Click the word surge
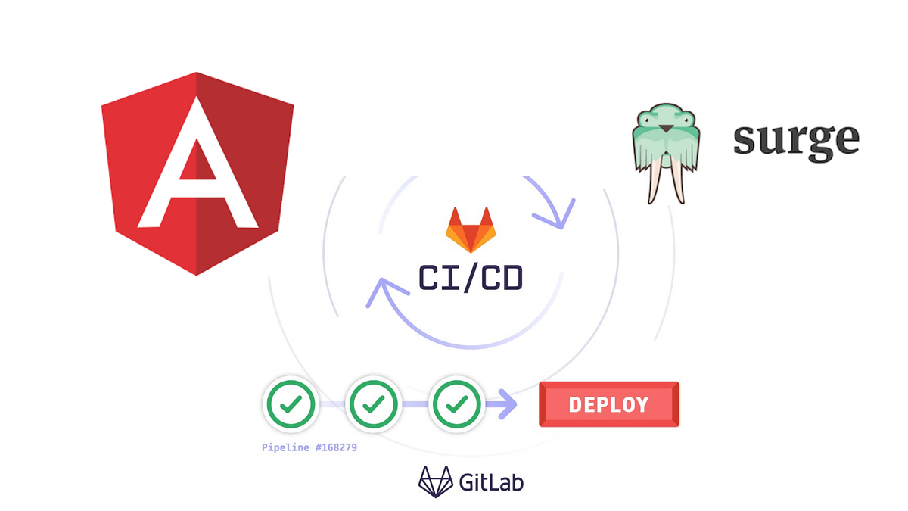(796, 141)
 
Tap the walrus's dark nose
(665, 128)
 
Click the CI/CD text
(471, 277)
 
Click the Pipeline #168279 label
(309, 447)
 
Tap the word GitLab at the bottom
(491, 481)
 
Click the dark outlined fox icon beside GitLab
(436, 481)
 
